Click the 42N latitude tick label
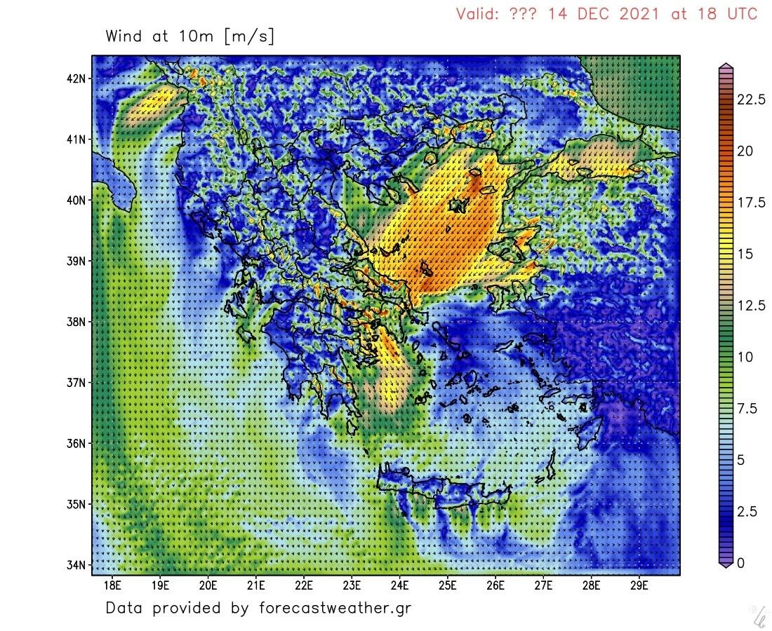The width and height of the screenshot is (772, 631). (76, 78)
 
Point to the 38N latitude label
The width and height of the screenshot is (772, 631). (76, 323)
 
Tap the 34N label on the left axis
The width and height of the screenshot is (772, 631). (76, 565)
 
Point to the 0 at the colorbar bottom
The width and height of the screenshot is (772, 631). (740, 563)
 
